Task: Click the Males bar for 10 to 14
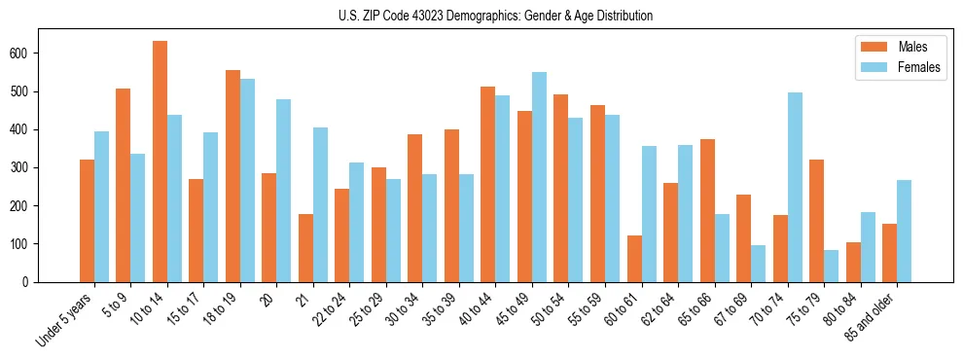tap(160, 162)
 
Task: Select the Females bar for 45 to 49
tap(539, 177)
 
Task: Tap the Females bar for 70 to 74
tap(795, 188)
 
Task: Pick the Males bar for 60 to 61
tap(634, 259)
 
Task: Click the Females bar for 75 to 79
tap(832, 266)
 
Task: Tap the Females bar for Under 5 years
tap(101, 206)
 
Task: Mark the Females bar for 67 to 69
tap(759, 264)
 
